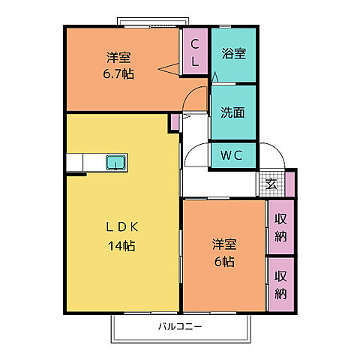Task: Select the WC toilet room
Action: pos(232,156)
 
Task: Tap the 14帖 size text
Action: pos(121,244)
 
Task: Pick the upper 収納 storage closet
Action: pos(280,226)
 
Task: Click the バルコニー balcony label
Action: pos(179,326)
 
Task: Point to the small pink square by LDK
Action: pos(174,120)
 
